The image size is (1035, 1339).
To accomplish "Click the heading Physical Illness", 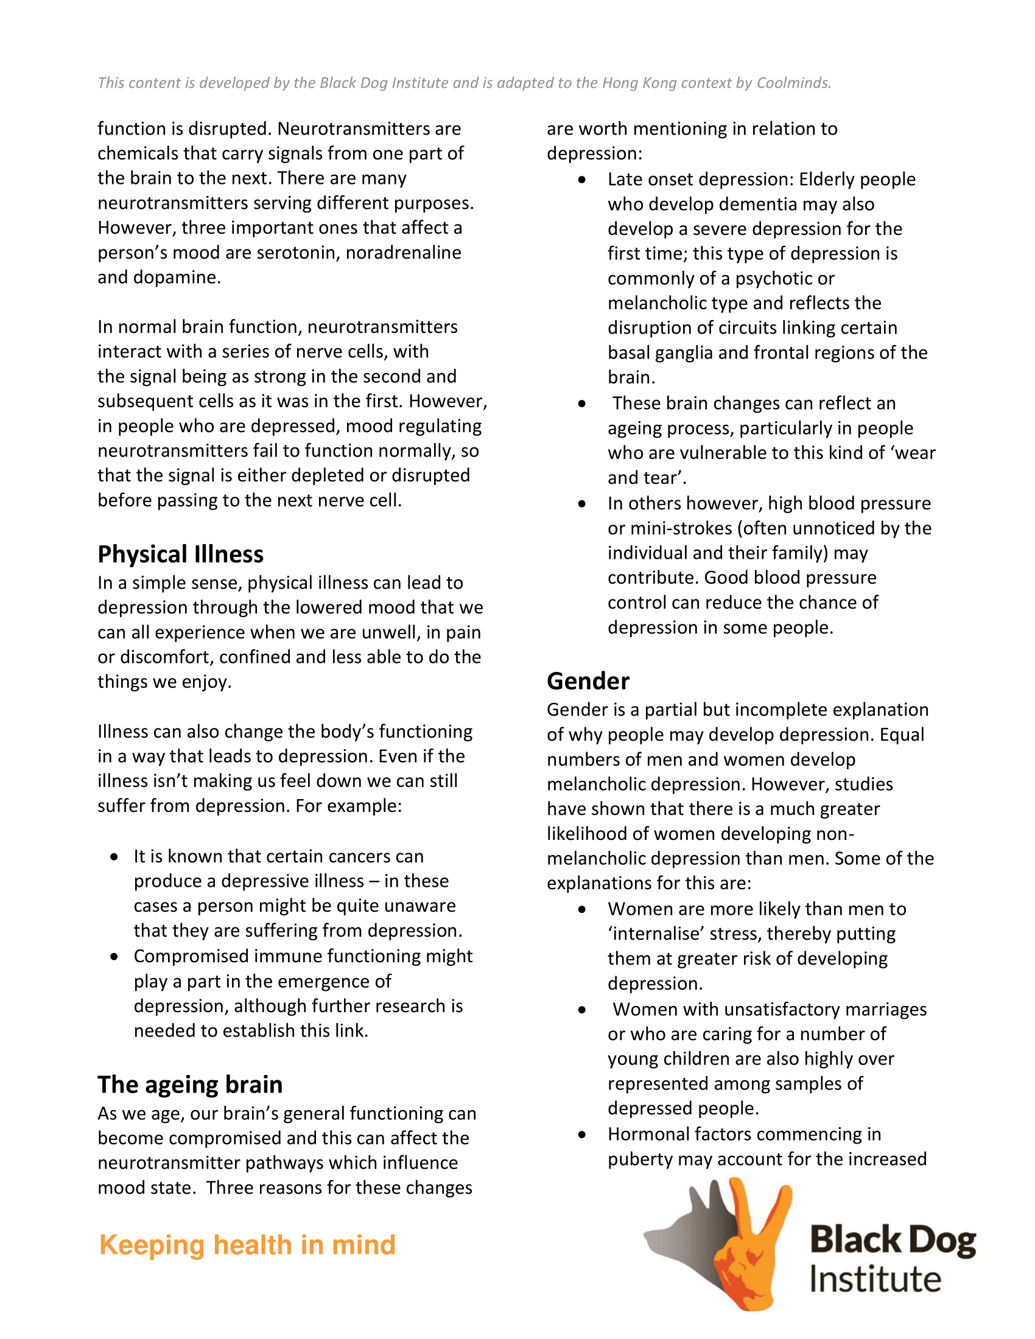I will (180, 554).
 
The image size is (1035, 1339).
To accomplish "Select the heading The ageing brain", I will (189, 1085).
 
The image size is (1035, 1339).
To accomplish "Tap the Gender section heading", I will (588, 681).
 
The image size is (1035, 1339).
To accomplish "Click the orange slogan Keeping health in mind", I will (247, 1245).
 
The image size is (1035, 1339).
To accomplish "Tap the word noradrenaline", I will (404, 253).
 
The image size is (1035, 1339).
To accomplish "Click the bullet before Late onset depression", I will (582, 180).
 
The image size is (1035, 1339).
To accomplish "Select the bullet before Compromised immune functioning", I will (114, 956).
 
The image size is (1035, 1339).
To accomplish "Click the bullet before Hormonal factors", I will (582, 1135).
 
